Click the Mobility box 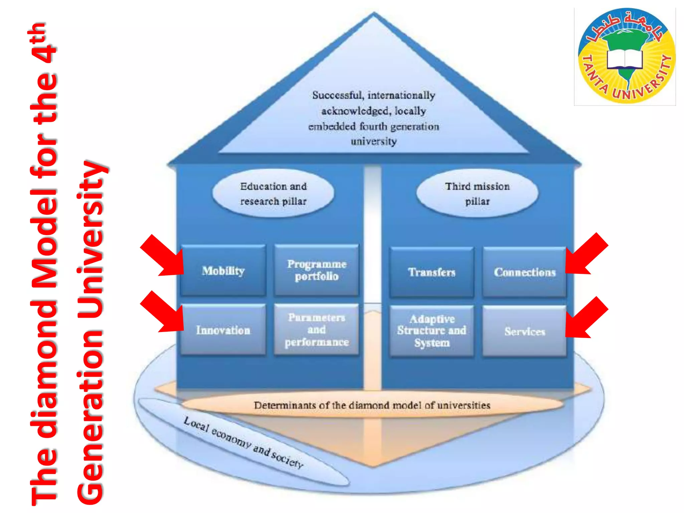coord(223,271)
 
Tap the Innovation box coord(223,330)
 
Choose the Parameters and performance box coord(316,330)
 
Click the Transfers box coord(432,272)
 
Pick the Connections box coord(524,272)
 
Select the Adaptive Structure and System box coord(432,331)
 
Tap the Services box coord(524,331)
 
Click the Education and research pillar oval coord(273,194)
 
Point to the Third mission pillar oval coord(477,194)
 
